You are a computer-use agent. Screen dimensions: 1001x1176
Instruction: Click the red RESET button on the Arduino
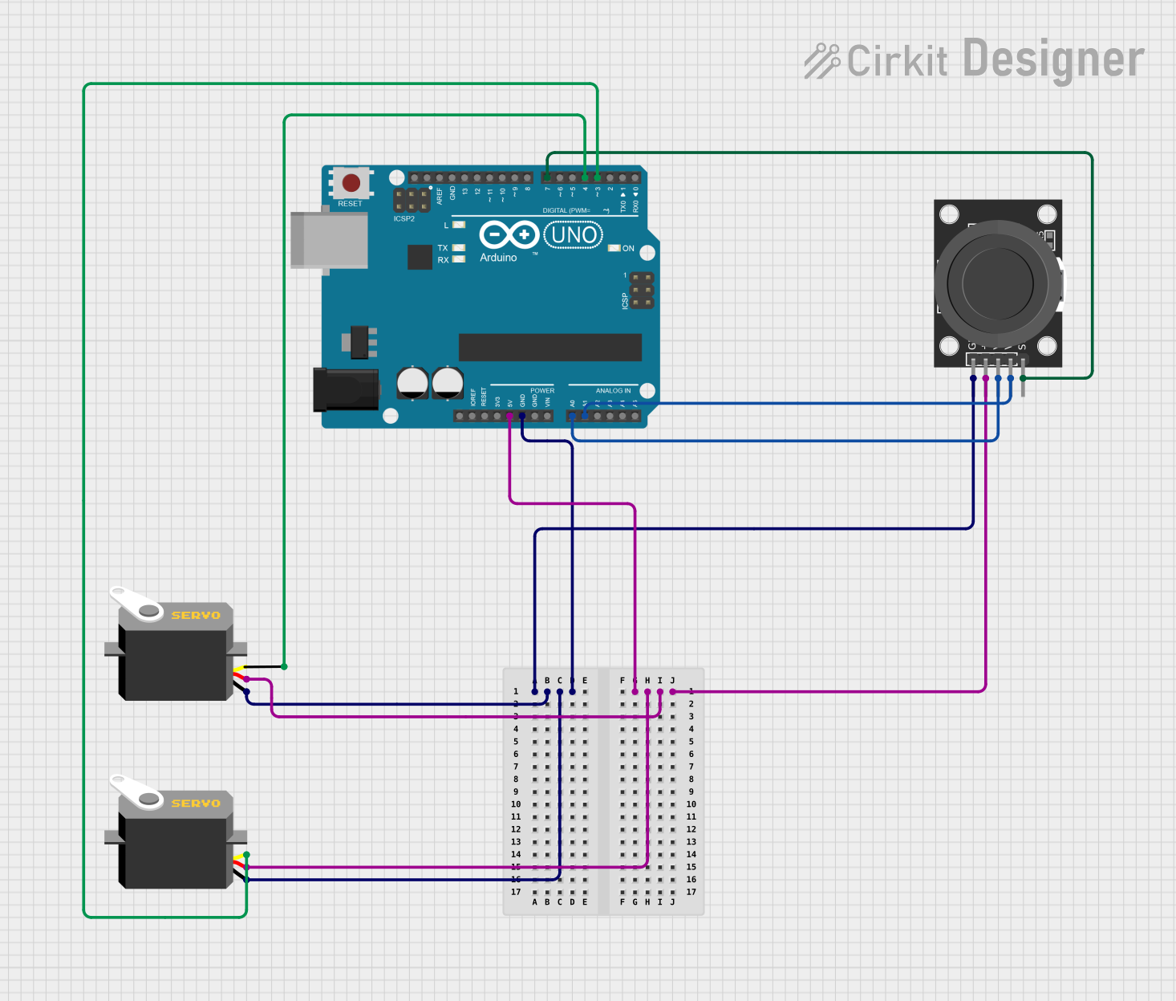click(351, 183)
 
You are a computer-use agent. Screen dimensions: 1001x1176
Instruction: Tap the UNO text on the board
click(574, 235)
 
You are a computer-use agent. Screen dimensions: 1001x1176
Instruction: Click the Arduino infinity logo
click(509, 234)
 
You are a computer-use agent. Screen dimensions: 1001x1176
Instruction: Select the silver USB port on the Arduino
click(329, 240)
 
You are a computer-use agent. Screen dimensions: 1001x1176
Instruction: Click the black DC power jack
click(345, 389)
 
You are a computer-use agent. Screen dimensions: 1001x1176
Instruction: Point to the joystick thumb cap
click(997, 282)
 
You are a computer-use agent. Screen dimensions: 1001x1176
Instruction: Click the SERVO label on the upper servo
click(196, 616)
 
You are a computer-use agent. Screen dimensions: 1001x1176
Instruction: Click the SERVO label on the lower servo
click(196, 804)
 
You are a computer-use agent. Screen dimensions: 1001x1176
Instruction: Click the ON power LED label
click(628, 249)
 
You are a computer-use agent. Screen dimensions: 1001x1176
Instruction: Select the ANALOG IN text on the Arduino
click(613, 391)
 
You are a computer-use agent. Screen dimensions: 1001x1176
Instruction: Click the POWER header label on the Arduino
click(542, 391)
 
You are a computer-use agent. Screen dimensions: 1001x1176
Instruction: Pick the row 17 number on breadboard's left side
click(516, 892)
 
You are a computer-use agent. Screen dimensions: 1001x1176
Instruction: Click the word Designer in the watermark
click(1052, 59)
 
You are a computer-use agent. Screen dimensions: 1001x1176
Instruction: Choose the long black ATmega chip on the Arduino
click(549, 348)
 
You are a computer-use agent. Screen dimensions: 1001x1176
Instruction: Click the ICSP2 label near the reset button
click(404, 218)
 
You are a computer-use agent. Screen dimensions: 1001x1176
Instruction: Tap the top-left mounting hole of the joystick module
click(949, 214)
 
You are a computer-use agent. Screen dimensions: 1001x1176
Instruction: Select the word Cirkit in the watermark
click(897, 62)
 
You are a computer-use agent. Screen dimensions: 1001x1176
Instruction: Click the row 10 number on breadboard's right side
click(691, 804)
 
